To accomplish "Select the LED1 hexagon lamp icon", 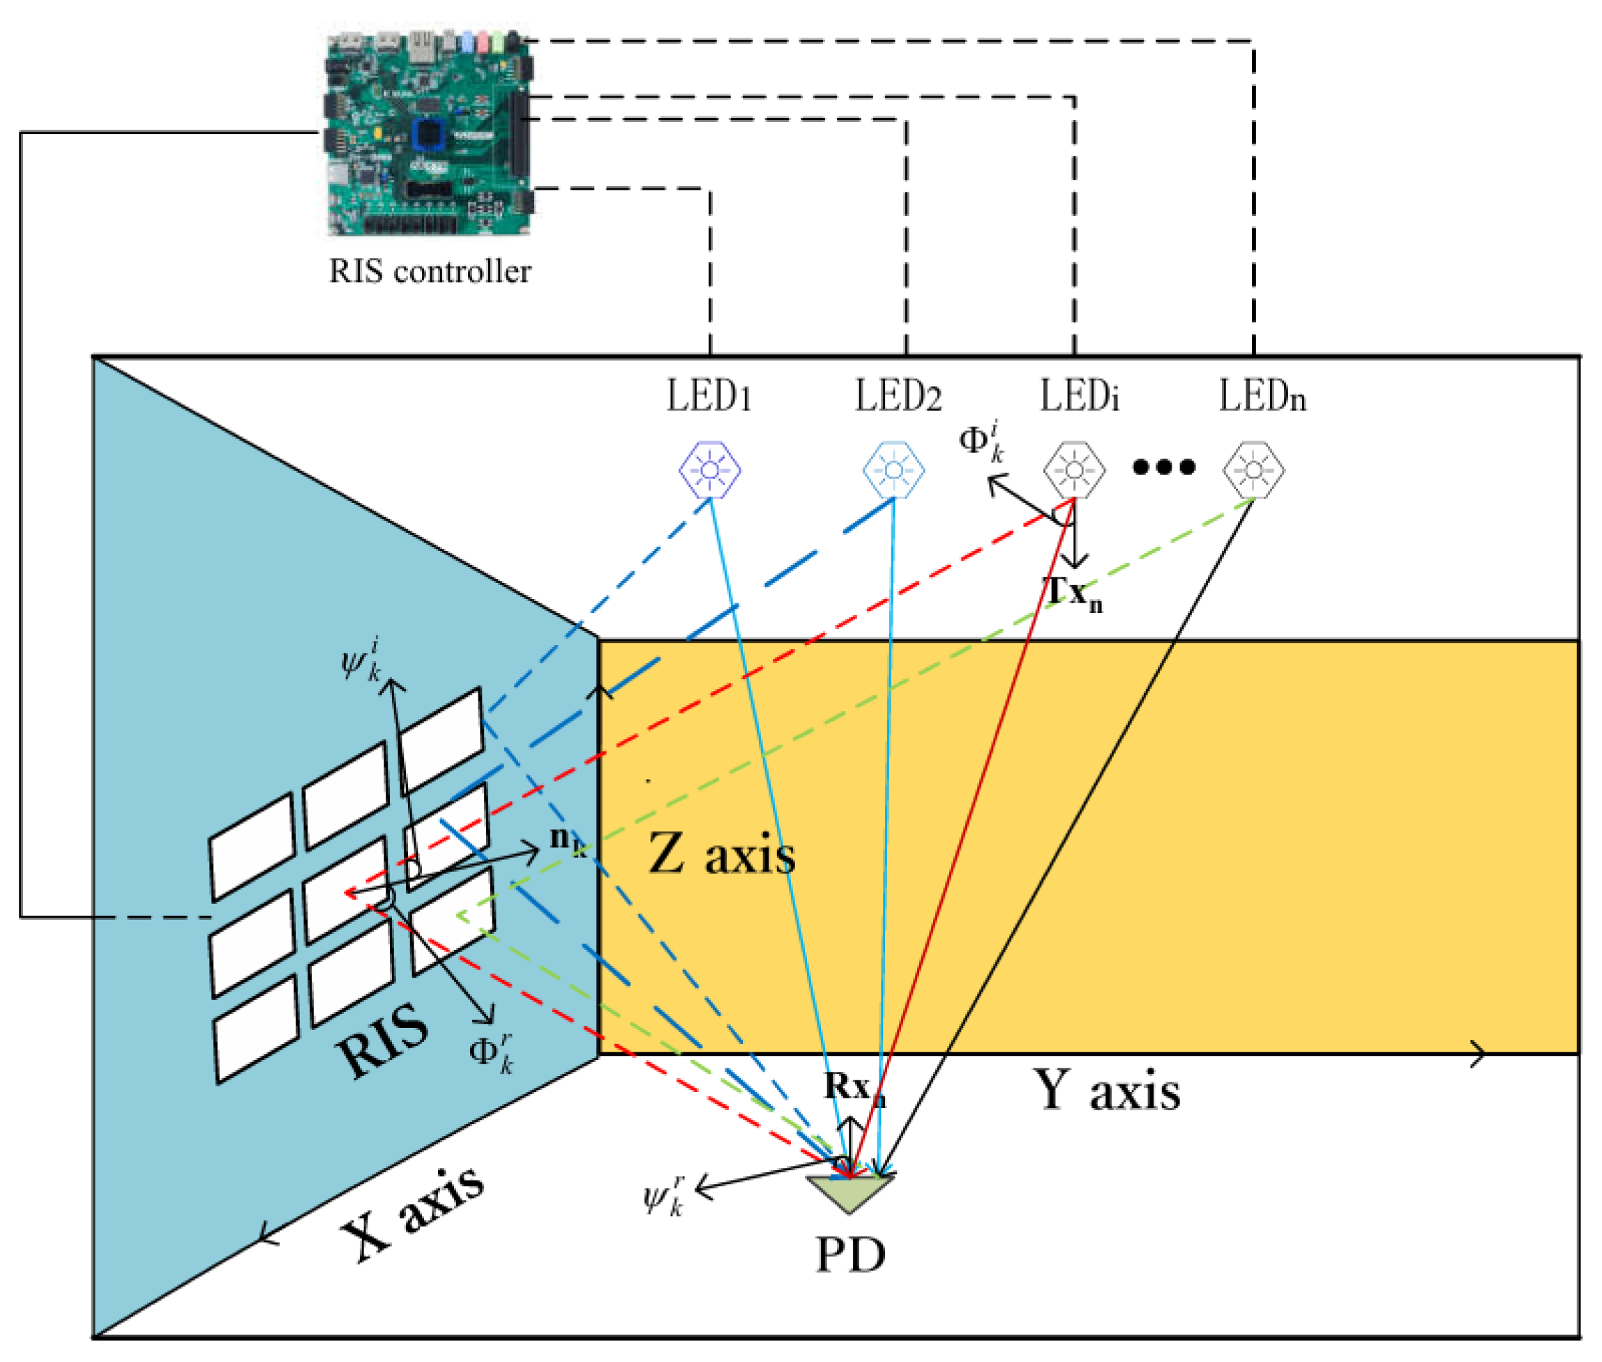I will click(x=709, y=469).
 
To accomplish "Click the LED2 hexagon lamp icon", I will click(x=893, y=469).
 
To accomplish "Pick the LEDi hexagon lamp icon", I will click(x=1074, y=469).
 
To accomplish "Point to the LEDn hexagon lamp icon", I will click(x=1253, y=469).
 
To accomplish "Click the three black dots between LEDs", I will click(x=1163, y=467).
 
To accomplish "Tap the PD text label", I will click(x=850, y=1255).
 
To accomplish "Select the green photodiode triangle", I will click(x=850, y=1191).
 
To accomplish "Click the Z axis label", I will click(x=721, y=855).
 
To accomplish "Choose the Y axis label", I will click(x=1106, y=1091).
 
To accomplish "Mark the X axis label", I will click(x=413, y=1213).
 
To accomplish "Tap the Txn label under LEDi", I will click(x=1074, y=593).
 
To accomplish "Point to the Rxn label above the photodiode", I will click(x=853, y=1087).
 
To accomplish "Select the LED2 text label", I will click(x=898, y=396).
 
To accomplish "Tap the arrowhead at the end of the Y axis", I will click(x=1478, y=1053).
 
